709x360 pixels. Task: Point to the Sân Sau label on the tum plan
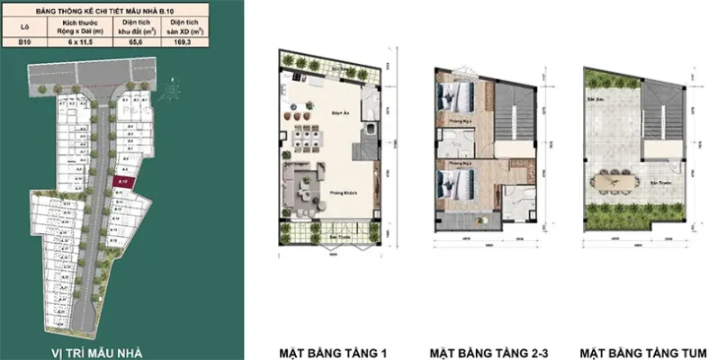(x=594, y=96)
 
